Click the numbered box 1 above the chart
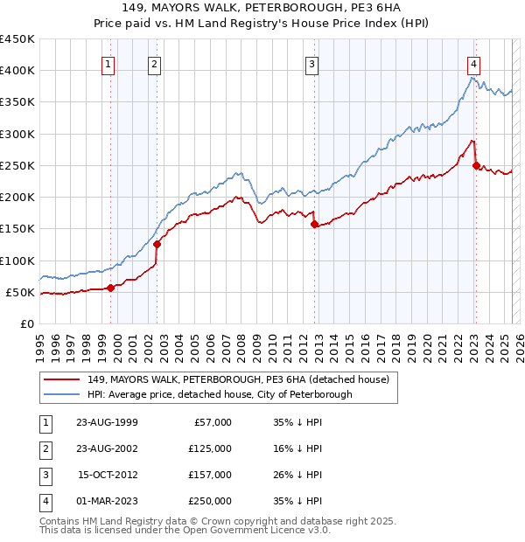[108, 63]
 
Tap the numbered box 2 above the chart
[154, 63]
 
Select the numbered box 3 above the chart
[311, 63]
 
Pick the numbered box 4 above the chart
[472, 63]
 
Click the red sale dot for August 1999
[111, 288]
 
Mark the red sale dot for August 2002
[157, 245]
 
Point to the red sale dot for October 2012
[314, 225]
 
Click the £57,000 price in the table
[211, 422]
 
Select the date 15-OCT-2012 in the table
[107, 475]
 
